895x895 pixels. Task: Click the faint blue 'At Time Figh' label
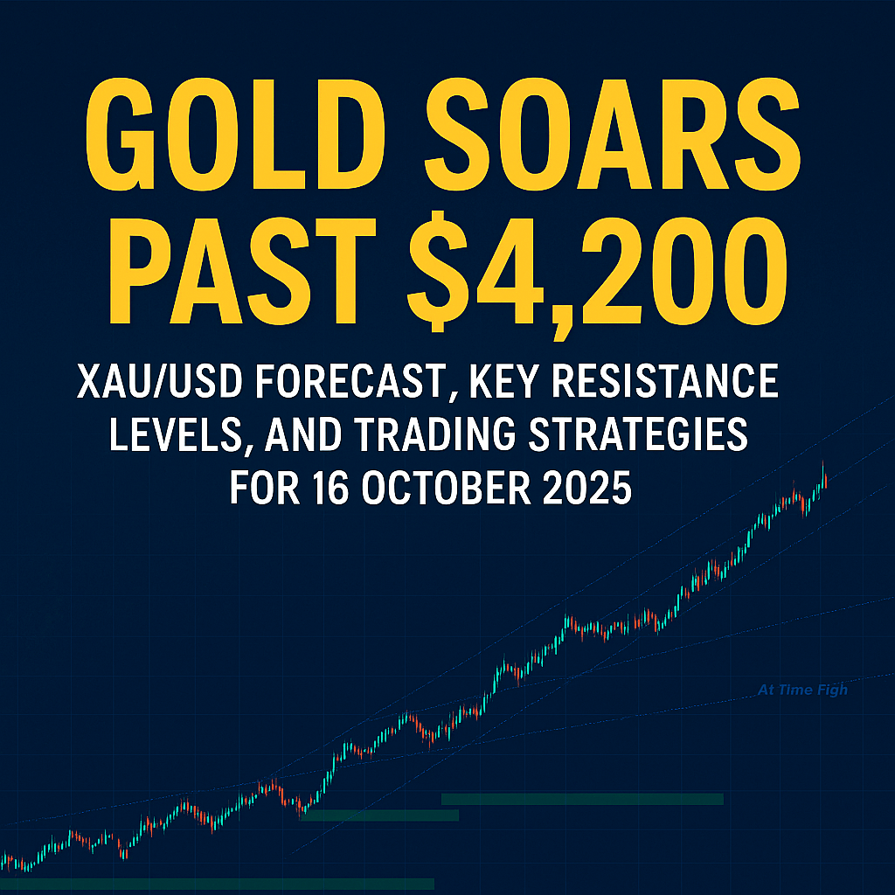802,690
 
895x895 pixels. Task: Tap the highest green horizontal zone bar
582,799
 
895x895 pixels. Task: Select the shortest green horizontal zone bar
379,815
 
